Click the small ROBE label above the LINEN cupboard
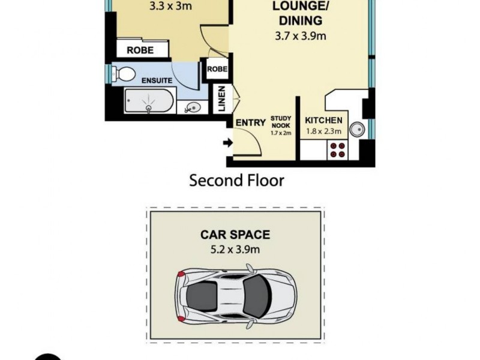(217, 69)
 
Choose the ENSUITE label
(157, 80)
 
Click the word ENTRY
(250, 122)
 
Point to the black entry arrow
(227, 143)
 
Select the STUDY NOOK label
(280, 122)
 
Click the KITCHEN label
(324, 120)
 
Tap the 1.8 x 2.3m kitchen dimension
(324, 131)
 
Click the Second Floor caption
(236, 180)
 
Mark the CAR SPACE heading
(236, 235)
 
